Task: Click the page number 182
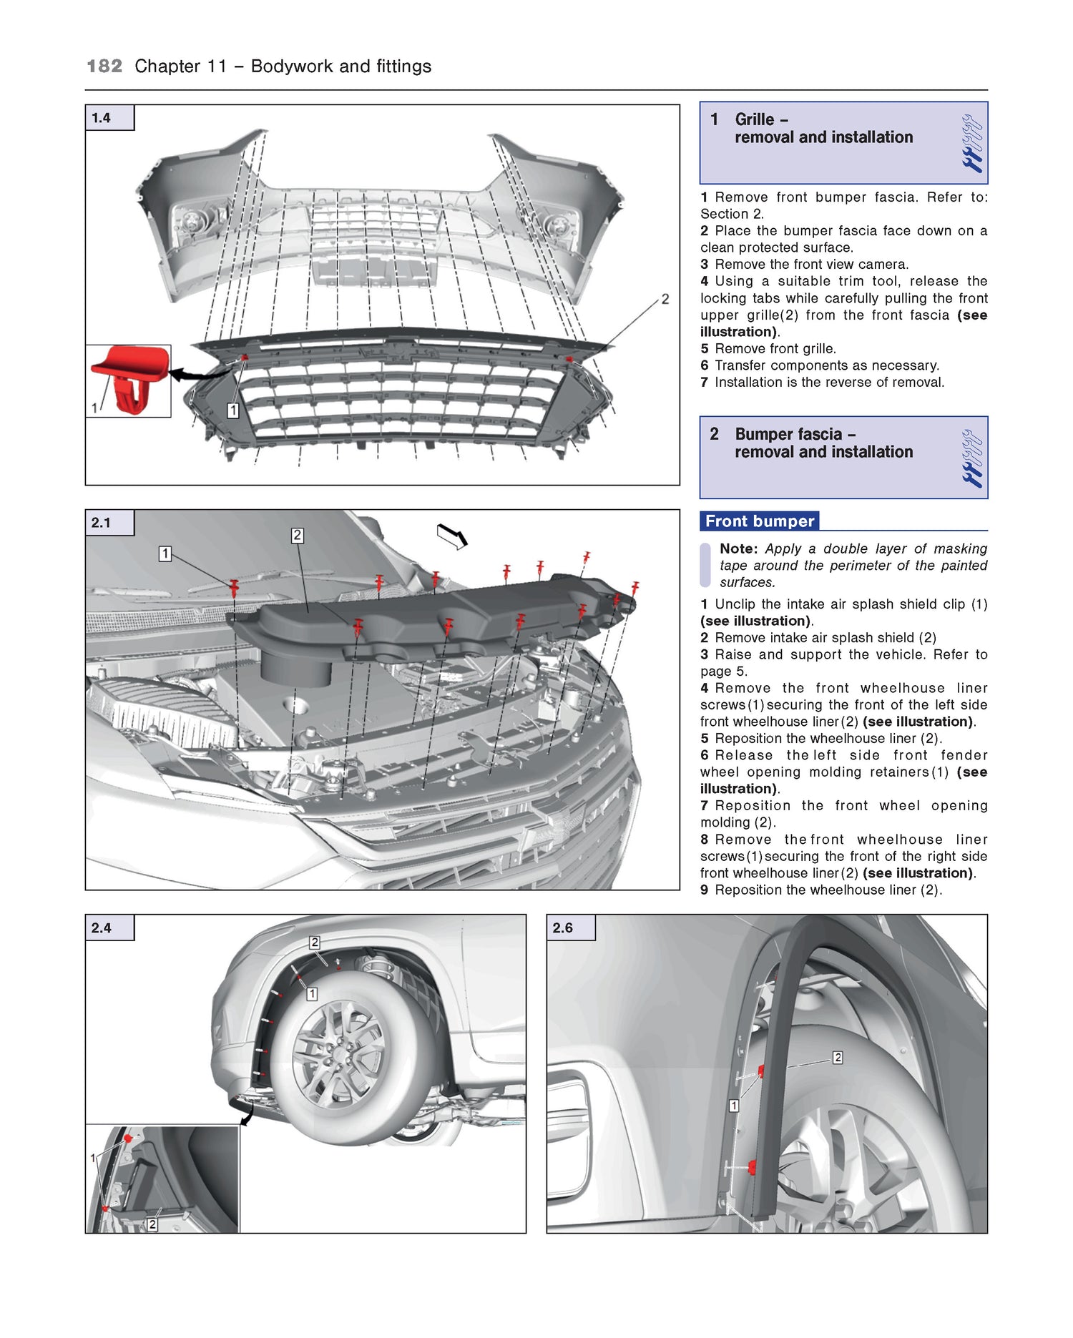tap(104, 67)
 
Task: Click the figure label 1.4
tap(102, 118)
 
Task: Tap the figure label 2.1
tap(102, 523)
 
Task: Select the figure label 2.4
tap(102, 928)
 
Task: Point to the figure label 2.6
tap(563, 928)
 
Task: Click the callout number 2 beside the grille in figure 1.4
tap(665, 299)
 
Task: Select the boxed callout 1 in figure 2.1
tap(165, 554)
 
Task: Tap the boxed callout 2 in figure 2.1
tap(298, 536)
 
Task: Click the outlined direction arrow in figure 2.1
tap(452, 536)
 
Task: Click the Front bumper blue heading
tap(760, 521)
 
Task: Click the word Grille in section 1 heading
tap(755, 119)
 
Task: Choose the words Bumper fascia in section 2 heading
tap(788, 434)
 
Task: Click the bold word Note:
tap(738, 549)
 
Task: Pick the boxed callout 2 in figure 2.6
tap(838, 1058)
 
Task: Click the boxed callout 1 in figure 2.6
tap(734, 1106)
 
